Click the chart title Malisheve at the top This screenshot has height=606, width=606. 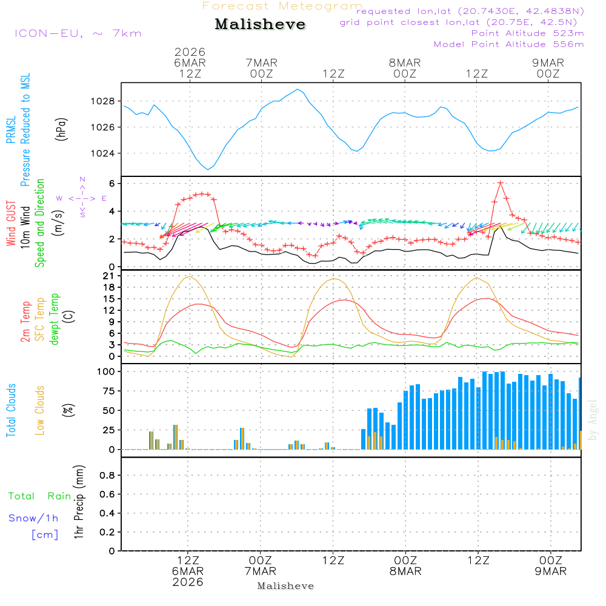click(x=260, y=24)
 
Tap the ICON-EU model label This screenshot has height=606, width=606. click(x=78, y=33)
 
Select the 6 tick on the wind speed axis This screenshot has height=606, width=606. click(x=112, y=183)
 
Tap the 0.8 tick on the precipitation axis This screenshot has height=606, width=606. click(x=107, y=476)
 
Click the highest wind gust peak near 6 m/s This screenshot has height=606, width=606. click(x=500, y=182)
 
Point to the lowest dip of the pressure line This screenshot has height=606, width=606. click(x=208, y=169)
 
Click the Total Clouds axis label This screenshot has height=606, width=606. click(x=12, y=410)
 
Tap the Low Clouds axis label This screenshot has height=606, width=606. click(x=40, y=410)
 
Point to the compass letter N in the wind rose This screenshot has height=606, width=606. click(x=82, y=179)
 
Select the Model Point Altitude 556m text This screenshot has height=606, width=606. click(x=509, y=44)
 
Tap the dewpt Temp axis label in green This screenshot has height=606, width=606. click(x=55, y=319)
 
